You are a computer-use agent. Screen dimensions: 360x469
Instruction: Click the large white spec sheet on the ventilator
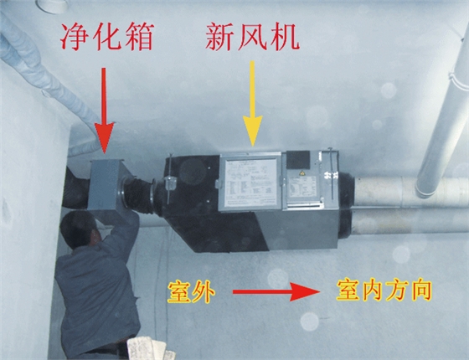click(x=250, y=182)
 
